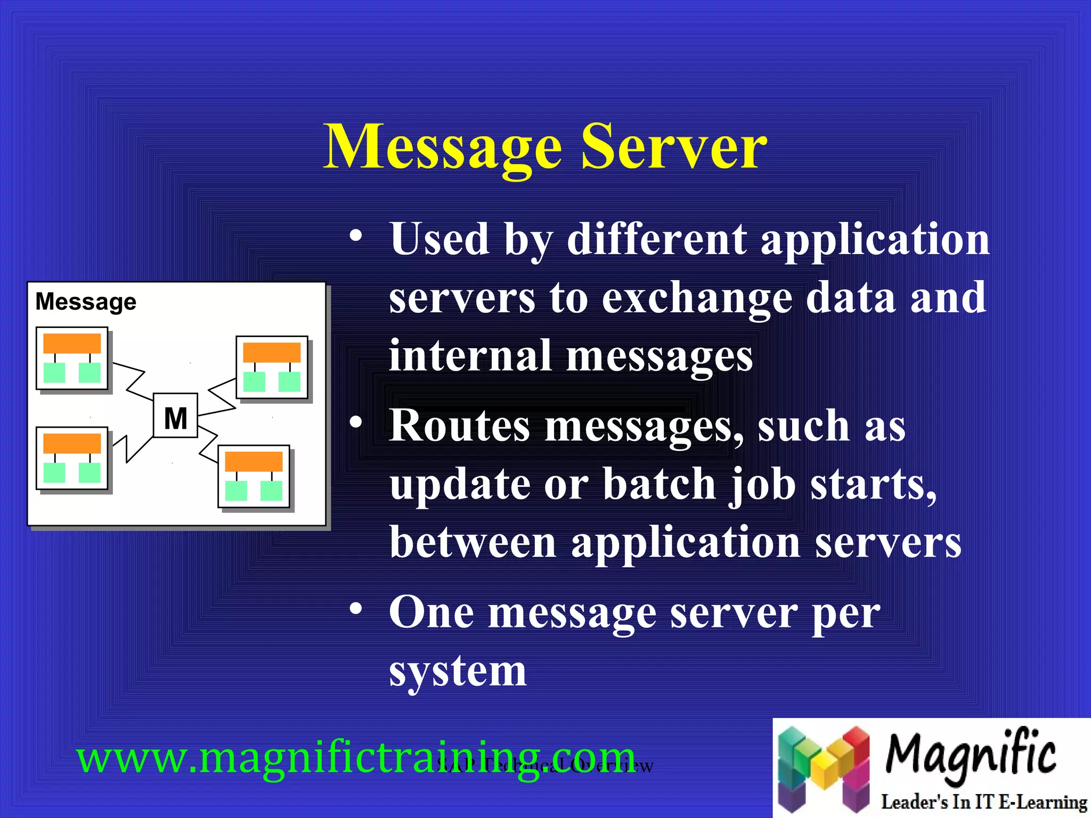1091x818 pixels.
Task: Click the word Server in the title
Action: pos(673,146)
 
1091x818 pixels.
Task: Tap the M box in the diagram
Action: pos(175,416)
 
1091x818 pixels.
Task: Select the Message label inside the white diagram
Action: pos(86,301)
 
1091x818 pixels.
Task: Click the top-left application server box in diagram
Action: pos(72,358)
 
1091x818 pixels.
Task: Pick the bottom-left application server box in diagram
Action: pos(72,458)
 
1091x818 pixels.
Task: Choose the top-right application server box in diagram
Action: pos(272,367)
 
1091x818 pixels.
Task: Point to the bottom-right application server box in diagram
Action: pos(254,476)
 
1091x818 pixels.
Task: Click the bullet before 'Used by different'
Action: pos(356,235)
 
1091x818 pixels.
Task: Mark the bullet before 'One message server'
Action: pos(356,609)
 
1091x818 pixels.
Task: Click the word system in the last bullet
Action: pos(458,672)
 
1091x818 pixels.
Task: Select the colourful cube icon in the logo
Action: pos(824,767)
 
